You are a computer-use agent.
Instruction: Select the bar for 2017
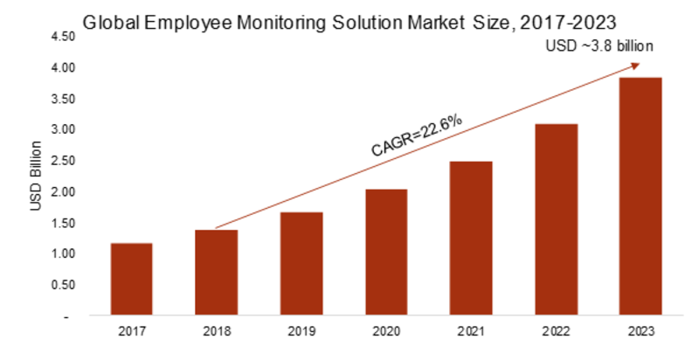pyautogui.click(x=131, y=279)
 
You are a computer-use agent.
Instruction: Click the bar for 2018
pyautogui.click(x=216, y=272)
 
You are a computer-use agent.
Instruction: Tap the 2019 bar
pyautogui.click(x=301, y=263)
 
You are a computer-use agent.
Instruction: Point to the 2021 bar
pyautogui.click(x=471, y=238)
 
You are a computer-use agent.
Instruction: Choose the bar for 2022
pyautogui.click(x=556, y=219)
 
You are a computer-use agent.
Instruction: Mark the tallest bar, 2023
pyautogui.click(x=640, y=196)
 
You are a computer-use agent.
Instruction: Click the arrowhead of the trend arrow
pyautogui.click(x=636, y=66)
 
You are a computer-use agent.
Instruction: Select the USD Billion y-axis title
pyautogui.click(x=36, y=175)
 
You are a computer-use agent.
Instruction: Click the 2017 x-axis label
pyautogui.click(x=131, y=333)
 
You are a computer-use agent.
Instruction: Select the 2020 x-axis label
pyautogui.click(x=386, y=333)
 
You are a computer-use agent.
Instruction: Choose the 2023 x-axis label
pyautogui.click(x=640, y=333)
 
